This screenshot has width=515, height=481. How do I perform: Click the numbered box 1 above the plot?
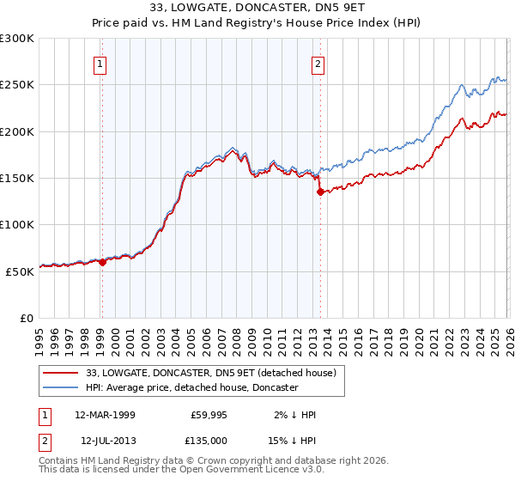100,63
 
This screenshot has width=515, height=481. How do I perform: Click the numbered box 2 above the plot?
318,63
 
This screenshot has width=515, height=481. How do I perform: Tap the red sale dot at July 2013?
320,192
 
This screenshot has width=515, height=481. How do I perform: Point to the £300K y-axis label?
17,39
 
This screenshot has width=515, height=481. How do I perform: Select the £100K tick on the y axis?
17,225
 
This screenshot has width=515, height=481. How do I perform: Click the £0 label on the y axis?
26,318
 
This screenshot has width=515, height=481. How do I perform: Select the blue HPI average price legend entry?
191,388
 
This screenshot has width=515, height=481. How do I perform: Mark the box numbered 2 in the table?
45,440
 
